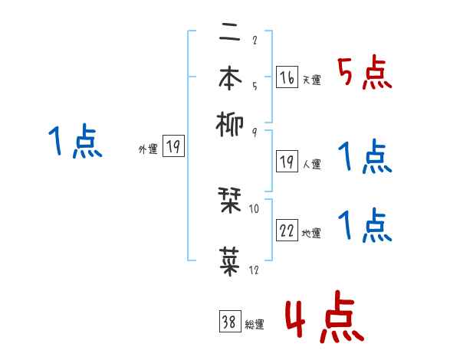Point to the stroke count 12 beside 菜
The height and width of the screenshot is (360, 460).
(x=254, y=270)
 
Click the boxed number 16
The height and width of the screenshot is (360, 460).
(x=287, y=77)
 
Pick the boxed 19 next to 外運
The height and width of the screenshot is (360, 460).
(x=173, y=148)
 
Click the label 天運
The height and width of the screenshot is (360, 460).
(x=310, y=80)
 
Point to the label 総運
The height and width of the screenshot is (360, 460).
(x=254, y=324)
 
